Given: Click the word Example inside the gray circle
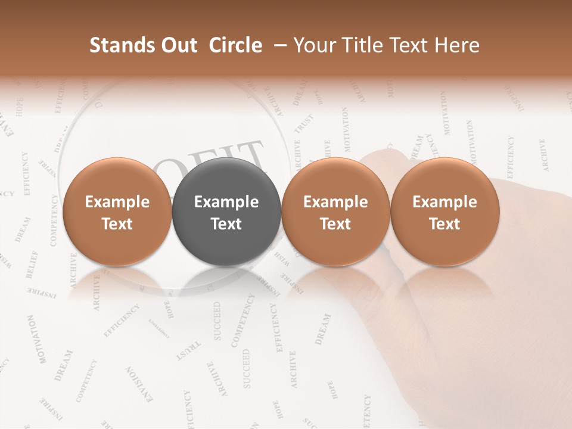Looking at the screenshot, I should pos(226,202).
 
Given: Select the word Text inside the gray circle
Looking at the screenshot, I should pos(226,224).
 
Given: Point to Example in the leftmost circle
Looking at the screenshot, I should pos(117,202).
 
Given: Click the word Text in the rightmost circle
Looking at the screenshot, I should pos(444,224).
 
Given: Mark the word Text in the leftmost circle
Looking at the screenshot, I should pos(117,224).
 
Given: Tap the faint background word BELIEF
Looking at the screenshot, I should pos(32,265).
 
